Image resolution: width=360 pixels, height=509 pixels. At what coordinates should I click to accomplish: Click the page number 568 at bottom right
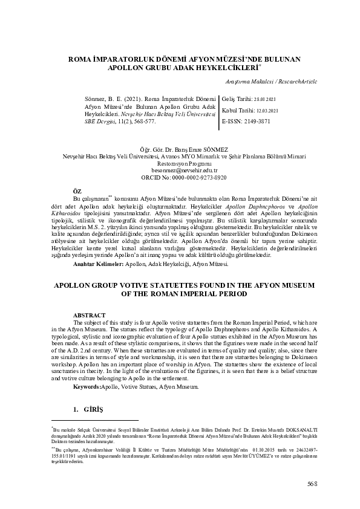312,483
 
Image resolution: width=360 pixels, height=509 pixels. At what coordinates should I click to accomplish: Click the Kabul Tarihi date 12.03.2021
266,111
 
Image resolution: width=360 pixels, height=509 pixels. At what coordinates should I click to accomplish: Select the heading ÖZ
77,191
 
